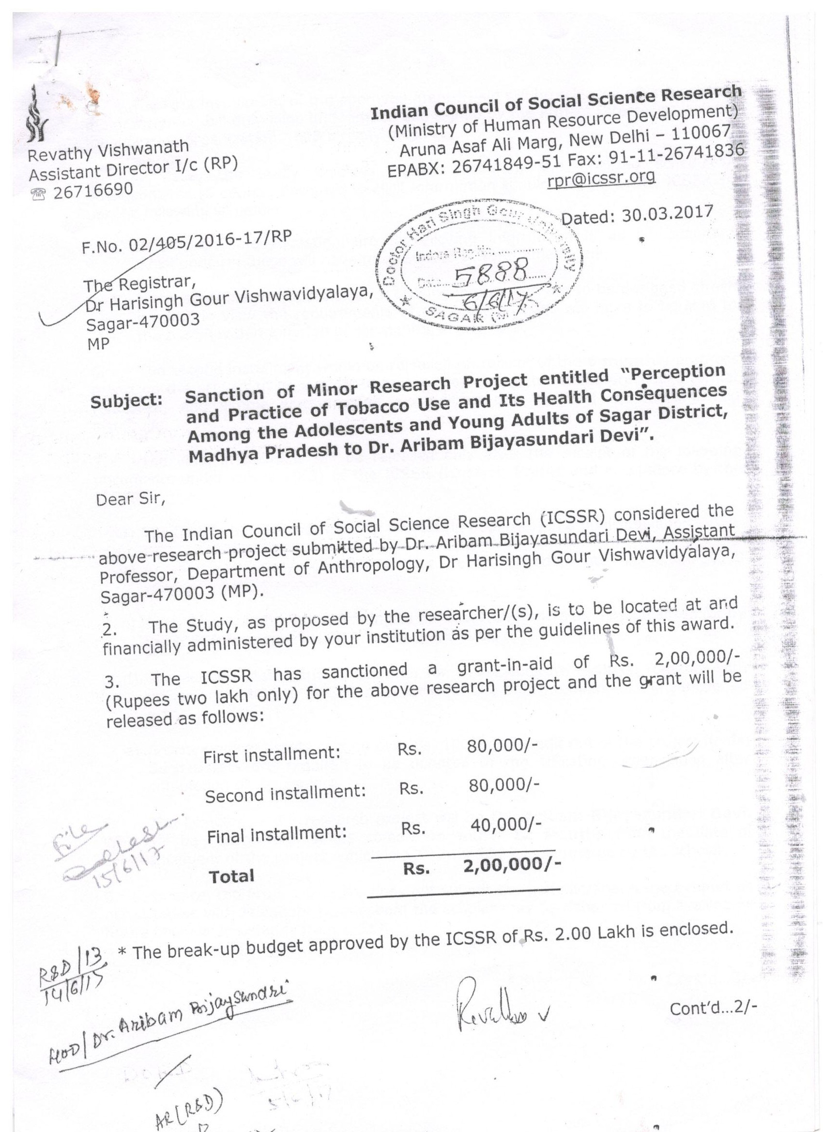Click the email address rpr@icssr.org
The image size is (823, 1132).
click(600, 177)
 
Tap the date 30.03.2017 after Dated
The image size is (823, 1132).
click(667, 213)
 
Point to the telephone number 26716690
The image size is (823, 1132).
click(93, 190)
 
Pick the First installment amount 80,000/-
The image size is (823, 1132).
click(502, 747)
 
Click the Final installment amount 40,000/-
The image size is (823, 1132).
click(505, 825)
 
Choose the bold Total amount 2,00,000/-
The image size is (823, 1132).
click(511, 867)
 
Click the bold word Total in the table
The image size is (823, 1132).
click(231, 876)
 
